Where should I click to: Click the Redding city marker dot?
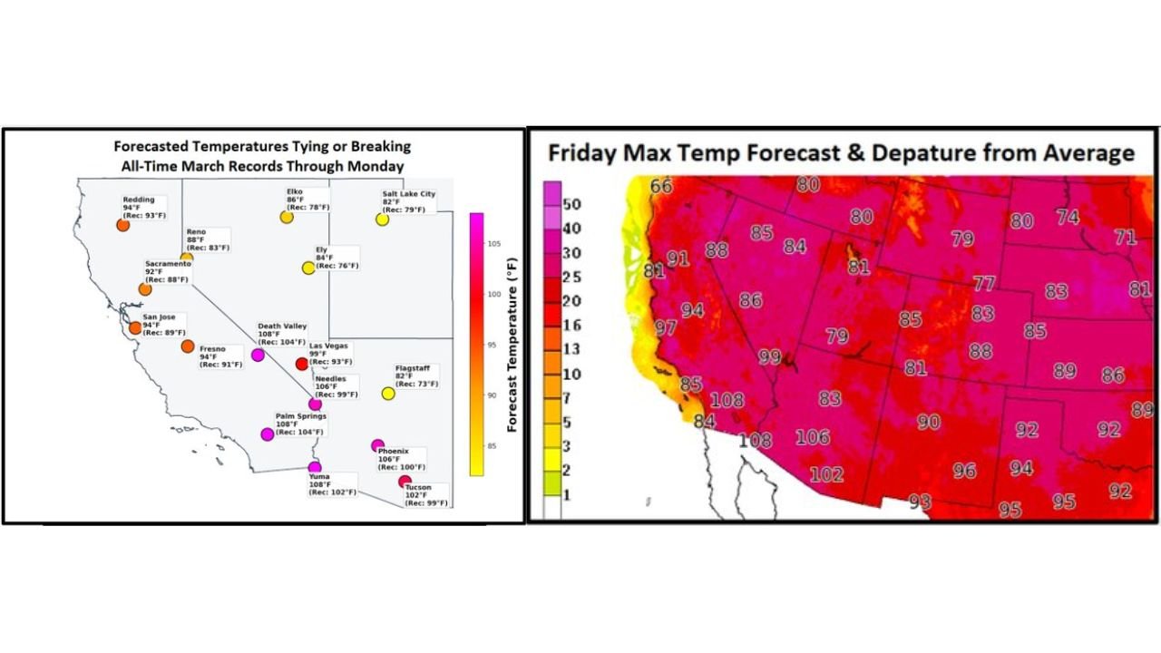(123, 225)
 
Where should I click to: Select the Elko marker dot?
(287, 218)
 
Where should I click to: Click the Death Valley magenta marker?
(258, 355)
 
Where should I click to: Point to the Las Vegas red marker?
(302, 364)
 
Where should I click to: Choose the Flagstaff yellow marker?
(388, 393)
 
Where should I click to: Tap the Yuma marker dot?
(315, 467)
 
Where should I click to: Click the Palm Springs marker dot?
(268, 434)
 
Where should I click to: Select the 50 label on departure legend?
(573, 202)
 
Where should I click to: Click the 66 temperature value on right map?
(662, 186)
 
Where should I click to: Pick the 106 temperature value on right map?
(813, 438)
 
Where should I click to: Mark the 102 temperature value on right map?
(826, 474)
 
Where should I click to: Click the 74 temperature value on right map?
(1068, 217)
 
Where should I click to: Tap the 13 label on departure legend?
(571, 349)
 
